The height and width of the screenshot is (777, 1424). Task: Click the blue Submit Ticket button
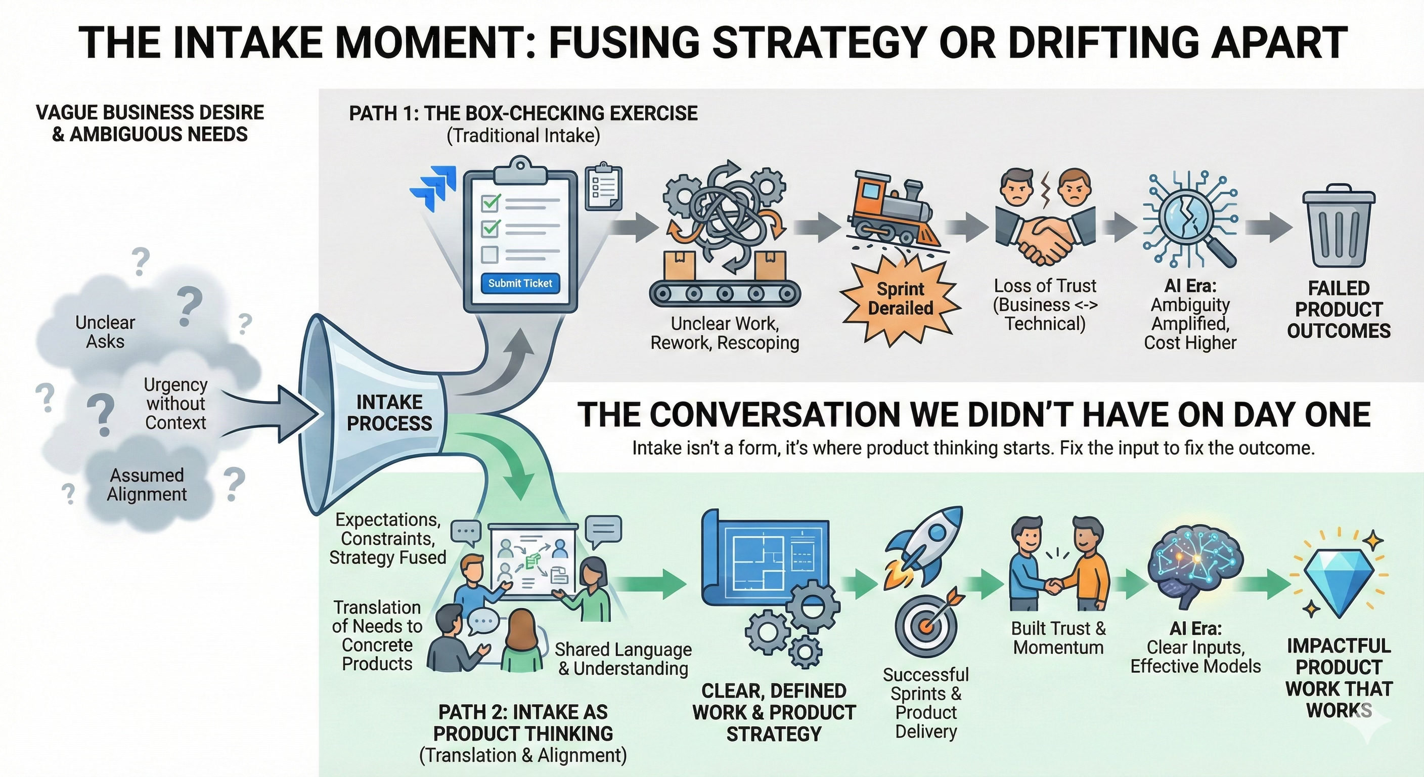click(520, 283)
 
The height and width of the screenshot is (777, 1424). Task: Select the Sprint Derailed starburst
click(901, 299)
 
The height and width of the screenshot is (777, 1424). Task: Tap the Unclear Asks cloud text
click(105, 332)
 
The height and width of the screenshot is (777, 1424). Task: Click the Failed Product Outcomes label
click(1339, 309)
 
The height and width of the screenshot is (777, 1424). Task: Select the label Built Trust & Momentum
click(1058, 638)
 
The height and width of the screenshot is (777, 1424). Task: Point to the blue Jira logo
click(434, 188)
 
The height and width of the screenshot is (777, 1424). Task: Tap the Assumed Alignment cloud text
click(147, 485)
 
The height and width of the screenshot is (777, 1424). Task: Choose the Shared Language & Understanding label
click(623, 659)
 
